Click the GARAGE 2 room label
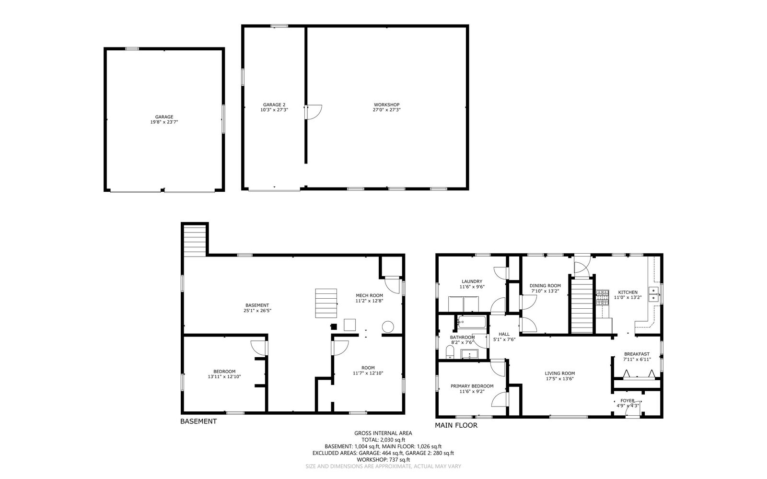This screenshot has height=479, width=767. coord(274,105)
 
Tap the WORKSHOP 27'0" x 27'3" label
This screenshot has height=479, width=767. coord(386,107)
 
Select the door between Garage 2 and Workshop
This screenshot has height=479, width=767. coord(314,112)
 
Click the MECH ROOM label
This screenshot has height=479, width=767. coord(369,295)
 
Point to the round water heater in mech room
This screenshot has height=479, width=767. coord(387,327)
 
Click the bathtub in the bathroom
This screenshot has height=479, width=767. coord(472,321)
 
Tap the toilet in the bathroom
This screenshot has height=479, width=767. coord(450,353)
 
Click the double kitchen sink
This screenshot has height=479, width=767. coord(653,294)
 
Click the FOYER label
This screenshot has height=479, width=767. coord(627,401)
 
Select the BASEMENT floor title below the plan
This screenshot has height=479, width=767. coord(198,421)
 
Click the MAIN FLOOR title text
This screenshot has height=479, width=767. coord(456,425)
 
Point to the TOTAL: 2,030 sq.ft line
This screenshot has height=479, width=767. coord(383,439)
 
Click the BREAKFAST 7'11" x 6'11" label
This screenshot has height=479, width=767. coord(637,356)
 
